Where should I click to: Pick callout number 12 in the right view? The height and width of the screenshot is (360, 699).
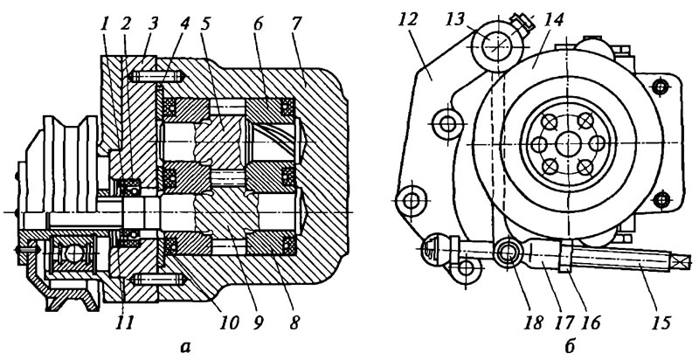408,19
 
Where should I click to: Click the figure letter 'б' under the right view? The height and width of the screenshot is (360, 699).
570,346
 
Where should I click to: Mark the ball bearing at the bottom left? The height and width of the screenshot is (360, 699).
74,254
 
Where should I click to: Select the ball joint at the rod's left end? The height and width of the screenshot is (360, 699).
430,250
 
